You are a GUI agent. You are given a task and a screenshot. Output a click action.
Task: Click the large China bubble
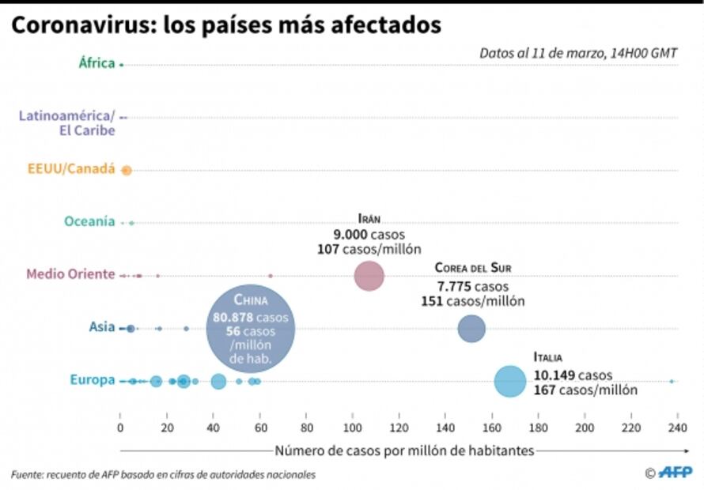click(x=251, y=330)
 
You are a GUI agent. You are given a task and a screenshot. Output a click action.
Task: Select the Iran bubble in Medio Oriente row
click(x=369, y=276)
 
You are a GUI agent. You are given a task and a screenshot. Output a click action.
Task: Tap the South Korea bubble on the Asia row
click(x=471, y=328)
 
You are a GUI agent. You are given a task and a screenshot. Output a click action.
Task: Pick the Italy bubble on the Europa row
click(x=510, y=381)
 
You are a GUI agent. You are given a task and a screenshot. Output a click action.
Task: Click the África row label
click(x=97, y=63)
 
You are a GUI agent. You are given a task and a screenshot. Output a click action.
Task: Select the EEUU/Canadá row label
click(x=71, y=169)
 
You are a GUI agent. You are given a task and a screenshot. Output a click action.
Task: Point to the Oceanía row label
click(x=89, y=222)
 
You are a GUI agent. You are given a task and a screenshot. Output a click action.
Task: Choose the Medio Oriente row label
click(x=70, y=274)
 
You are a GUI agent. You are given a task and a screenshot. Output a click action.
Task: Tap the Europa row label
click(x=93, y=380)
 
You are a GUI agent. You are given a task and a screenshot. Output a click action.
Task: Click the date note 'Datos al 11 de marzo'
click(x=577, y=54)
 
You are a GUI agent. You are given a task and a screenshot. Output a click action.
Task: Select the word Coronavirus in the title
click(x=82, y=25)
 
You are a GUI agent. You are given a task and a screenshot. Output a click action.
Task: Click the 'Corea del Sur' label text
click(x=472, y=268)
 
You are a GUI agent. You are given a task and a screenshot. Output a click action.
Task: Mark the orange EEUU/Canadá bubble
click(x=126, y=170)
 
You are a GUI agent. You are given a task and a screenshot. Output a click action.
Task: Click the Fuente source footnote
click(x=163, y=474)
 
